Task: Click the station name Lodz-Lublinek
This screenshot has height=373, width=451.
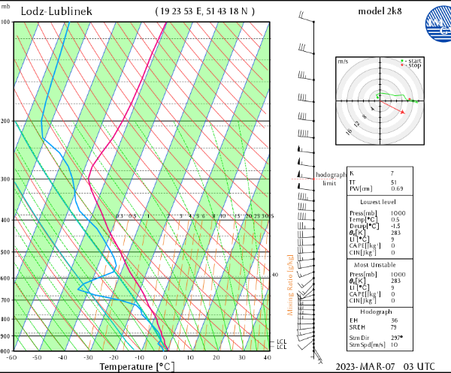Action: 56,11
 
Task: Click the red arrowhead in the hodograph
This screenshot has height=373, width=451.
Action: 407,112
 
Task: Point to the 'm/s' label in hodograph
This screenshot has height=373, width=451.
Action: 343,61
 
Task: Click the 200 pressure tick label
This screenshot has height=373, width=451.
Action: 5,121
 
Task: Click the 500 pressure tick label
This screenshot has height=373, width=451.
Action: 5,252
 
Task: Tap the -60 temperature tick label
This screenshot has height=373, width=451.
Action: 11,357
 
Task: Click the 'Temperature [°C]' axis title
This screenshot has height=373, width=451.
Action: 138,366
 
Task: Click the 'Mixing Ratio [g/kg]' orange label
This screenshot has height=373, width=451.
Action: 290,285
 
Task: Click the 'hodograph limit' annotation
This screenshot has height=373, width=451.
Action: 328,179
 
